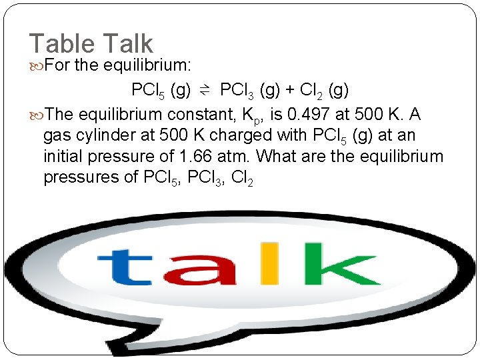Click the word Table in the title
62,44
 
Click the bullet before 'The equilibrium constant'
35,114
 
